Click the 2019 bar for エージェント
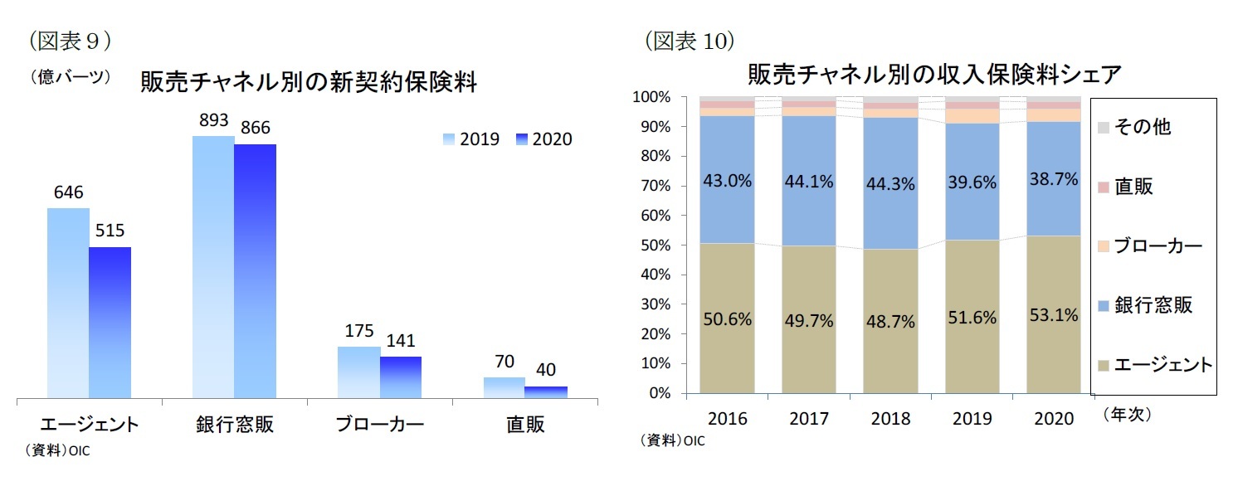pos(68,303)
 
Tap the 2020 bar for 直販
pos(546,391)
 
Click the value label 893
pos(213,121)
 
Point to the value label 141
pos(400,340)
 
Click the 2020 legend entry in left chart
pos(543,139)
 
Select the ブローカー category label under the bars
pos(379,425)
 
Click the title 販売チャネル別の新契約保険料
pos(309,83)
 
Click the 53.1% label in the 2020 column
pos(1054,315)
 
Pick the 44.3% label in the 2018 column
pos(890,184)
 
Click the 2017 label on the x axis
pos(809,419)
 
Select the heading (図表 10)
pos(690,41)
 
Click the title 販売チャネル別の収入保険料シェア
pos(934,75)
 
